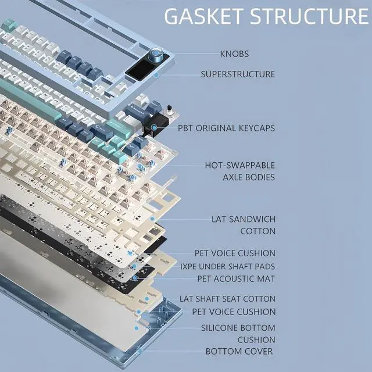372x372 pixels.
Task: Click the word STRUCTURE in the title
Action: (309, 16)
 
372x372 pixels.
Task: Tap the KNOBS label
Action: (234, 54)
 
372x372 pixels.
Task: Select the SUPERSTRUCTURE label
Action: (238, 74)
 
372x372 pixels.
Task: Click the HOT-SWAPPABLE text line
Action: (240, 165)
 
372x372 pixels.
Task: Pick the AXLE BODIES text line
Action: (249, 177)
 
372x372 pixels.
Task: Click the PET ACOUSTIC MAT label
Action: (236, 278)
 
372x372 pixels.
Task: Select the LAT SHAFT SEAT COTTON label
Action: (227, 299)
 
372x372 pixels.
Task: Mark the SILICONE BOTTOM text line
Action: (238, 328)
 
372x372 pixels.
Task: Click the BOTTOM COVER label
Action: (239, 351)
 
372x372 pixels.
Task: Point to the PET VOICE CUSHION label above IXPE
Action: (235, 253)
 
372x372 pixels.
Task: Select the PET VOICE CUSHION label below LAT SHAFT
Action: (234, 312)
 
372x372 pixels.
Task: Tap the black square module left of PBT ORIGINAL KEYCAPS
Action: (158, 125)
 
